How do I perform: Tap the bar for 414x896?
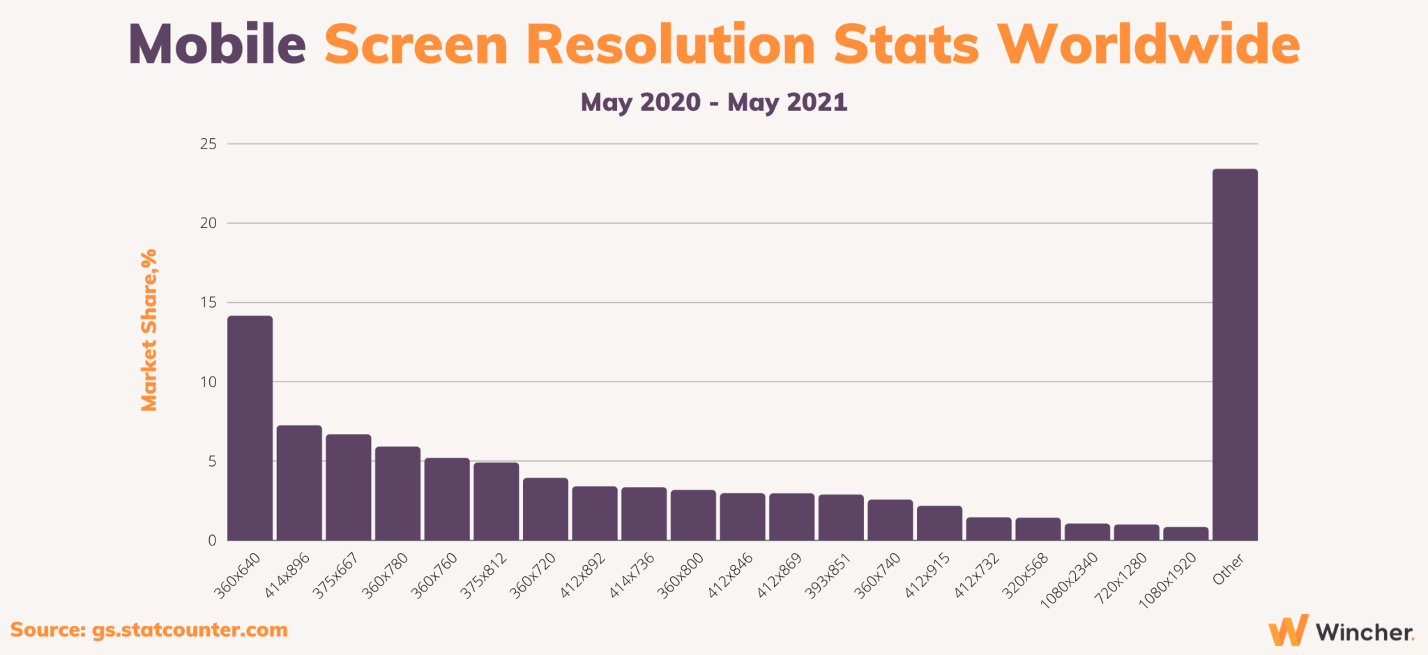(x=299, y=483)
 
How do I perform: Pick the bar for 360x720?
(x=545, y=509)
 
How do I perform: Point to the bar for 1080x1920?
(x=1185, y=534)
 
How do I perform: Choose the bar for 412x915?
(x=939, y=523)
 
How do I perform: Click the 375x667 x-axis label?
(x=335, y=575)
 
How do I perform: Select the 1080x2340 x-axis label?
(x=1070, y=580)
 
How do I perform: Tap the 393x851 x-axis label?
(x=828, y=575)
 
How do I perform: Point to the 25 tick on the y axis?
(x=208, y=144)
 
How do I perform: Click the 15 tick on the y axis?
(x=208, y=303)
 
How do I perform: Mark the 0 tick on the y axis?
(x=212, y=541)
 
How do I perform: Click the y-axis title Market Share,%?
(x=149, y=330)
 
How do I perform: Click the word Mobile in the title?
(x=218, y=45)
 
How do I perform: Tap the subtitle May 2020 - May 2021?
(x=714, y=103)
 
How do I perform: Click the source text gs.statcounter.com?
(x=190, y=630)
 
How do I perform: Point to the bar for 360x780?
(x=397, y=493)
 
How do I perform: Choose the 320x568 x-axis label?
(x=1025, y=575)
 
